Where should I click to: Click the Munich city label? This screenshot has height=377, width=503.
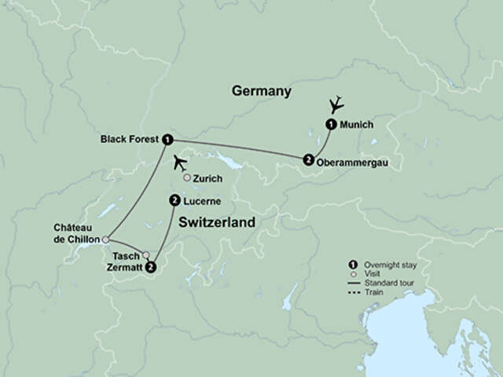[357, 124]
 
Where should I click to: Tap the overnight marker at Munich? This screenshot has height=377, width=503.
[331, 123]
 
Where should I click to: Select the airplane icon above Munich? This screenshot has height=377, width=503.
[337, 104]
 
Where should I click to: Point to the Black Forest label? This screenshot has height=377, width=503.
[130, 139]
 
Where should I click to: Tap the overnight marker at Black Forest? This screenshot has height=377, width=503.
[167, 140]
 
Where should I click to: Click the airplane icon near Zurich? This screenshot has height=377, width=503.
[181, 163]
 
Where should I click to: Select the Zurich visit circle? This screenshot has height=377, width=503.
[187, 178]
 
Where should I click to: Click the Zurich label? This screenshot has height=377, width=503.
[208, 179]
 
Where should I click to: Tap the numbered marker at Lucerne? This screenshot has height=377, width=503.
[174, 201]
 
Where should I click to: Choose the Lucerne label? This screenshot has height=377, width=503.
[201, 202]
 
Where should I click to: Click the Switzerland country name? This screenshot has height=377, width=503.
[217, 223]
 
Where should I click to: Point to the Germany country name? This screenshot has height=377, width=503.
[262, 92]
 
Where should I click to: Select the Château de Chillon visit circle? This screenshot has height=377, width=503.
[105, 240]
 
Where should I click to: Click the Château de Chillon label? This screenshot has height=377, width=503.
[76, 232]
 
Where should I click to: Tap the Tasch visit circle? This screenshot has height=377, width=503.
[146, 254]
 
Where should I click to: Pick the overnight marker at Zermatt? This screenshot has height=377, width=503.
[151, 268]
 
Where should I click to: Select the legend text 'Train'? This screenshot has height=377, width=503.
[370, 291]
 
